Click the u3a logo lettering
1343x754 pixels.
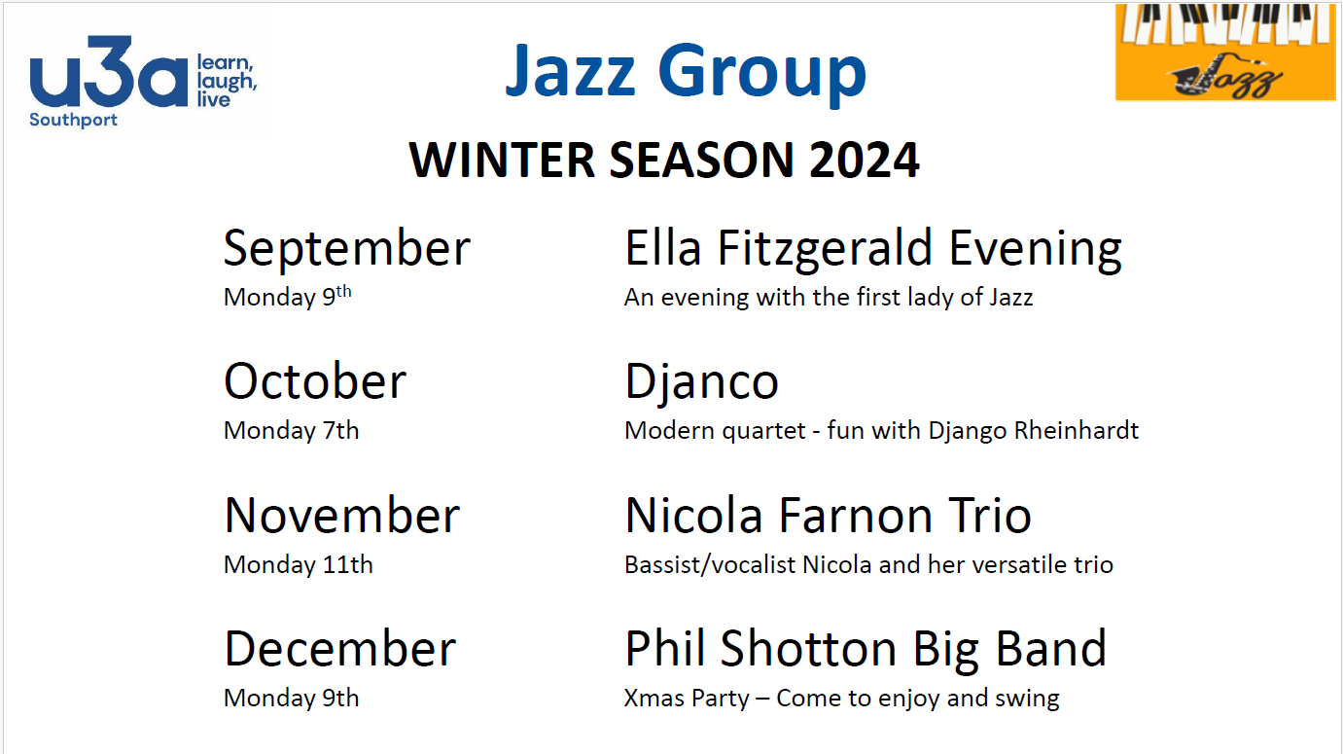point(109,72)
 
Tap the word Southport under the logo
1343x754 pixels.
point(73,120)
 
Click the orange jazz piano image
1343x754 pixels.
point(1225,52)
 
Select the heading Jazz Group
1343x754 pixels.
point(686,71)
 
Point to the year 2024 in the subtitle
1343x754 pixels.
point(864,161)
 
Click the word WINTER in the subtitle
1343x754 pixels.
point(502,161)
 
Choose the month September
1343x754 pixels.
point(346,248)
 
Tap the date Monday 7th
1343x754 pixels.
point(292,431)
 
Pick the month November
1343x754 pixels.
point(341,516)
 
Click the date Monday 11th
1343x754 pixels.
point(298,565)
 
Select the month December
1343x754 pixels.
point(340,649)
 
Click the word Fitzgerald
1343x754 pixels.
point(825,248)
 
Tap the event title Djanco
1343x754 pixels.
point(701,382)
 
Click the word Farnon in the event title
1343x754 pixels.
point(856,516)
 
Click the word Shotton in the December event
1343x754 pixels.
point(808,649)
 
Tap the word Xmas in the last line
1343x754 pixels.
point(654,699)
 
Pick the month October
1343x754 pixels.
point(315,381)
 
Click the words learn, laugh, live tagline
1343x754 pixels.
point(227,81)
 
